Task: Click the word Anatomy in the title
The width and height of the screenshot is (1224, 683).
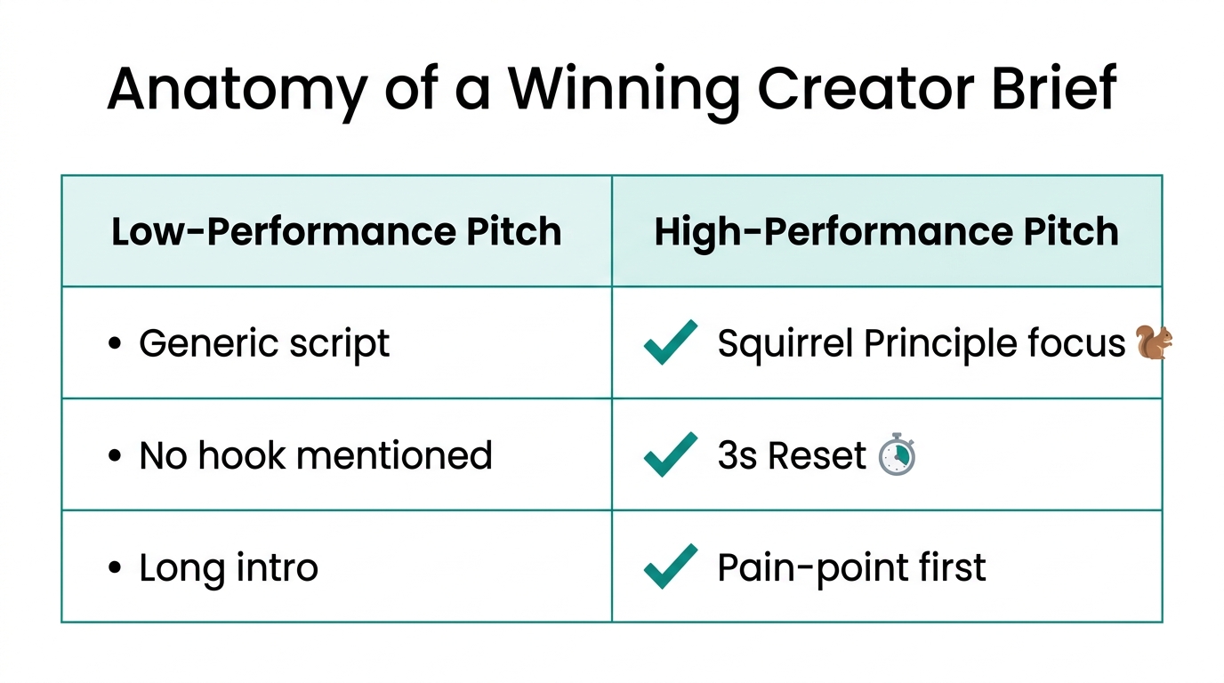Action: [x=237, y=89]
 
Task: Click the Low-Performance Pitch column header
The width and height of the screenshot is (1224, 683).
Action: [x=336, y=232]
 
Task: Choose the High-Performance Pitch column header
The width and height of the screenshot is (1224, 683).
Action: [x=886, y=232]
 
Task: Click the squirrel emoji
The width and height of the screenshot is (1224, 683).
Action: [x=1154, y=343]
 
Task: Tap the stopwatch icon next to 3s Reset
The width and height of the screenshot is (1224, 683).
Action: [x=897, y=455]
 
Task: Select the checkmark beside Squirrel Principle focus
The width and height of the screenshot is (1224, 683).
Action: [x=670, y=343]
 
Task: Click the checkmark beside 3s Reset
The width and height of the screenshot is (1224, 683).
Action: [x=670, y=455]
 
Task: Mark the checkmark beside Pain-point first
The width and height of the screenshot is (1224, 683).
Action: [x=670, y=566]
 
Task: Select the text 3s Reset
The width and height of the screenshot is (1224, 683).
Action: [x=791, y=456]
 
